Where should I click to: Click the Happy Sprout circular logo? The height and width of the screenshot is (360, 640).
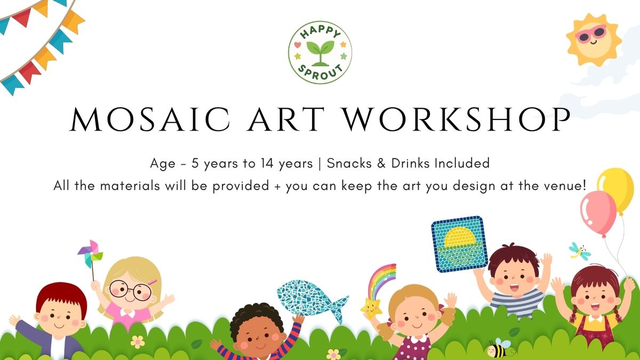pyautogui.click(x=320, y=53)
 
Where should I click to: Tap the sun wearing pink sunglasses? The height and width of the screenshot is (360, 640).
pyautogui.click(x=594, y=39)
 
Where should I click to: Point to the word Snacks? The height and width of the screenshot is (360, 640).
pyautogui.click(x=349, y=163)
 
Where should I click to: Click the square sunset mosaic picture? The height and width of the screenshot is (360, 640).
pyautogui.click(x=459, y=244)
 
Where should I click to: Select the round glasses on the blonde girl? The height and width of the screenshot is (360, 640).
pyautogui.click(x=131, y=290)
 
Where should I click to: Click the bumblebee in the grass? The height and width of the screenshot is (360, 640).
pyautogui.click(x=499, y=348)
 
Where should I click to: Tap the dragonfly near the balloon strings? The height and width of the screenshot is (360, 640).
pyautogui.click(x=579, y=252)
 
